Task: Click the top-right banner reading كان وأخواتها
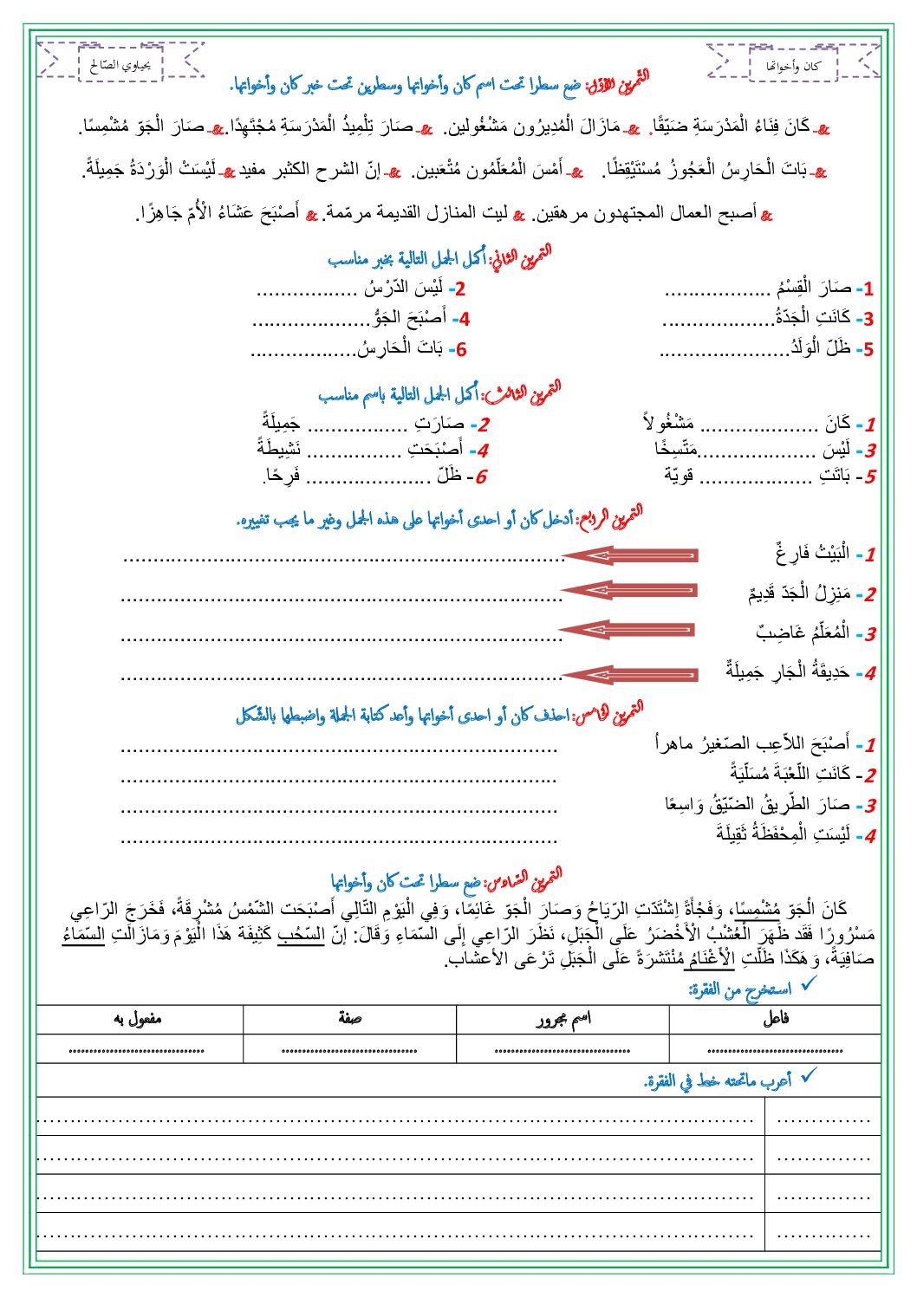pyautogui.click(x=793, y=65)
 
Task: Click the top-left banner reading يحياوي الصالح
pyautogui.click(x=120, y=64)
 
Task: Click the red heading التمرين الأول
pyautogui.click(x=617, y=83)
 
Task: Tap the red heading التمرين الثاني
pyautogui.click(x=520, y=258)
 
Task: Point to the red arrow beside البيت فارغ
pyautogui.click(x=630, y=554)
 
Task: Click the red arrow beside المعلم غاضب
pyautogui.click(x=628, y=630)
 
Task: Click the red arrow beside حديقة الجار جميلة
pyautogui.click(x=630, y=673)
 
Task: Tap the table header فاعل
pyautogui.click(x=775, y=1019)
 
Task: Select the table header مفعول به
pyautogui.click(x=139, y=1019)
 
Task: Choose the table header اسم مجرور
pyautogui.click(x=563, y=1019)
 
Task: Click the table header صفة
pyautogui.click(x=350, y=1019)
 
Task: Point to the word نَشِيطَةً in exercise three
pyautogui.click(x=279, y=449)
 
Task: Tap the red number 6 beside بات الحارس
pyautogui.click(x=460, y=350)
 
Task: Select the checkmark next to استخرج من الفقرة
pyautogui.click(x=809, y=984)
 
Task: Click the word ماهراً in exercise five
pyautogui.click(x=674, y=743)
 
